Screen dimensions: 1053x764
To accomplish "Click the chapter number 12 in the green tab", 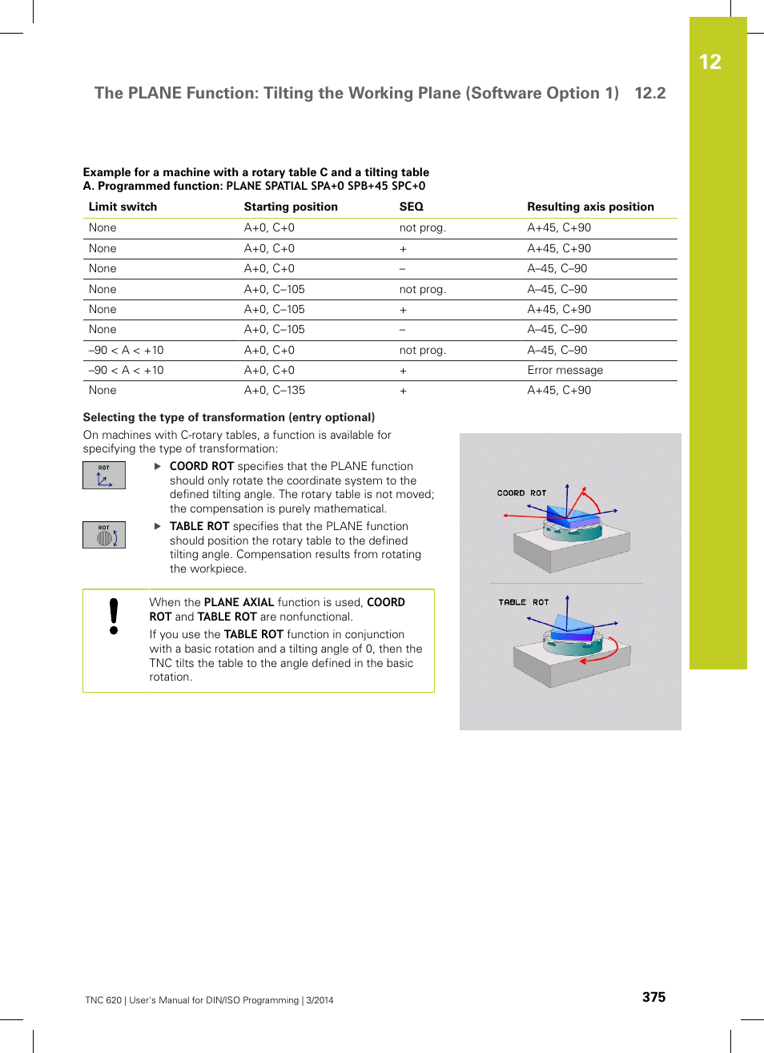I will pyautogui.click(x=710, y=62).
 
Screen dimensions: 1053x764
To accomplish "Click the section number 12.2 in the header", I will pyautogui.click(x=649, y=93).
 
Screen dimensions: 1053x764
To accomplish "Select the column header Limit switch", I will pyautogui.click(x=123, y=207).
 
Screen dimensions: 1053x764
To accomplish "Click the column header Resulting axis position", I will pyautogui.click(x=590, y=207).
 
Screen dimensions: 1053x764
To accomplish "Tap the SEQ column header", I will pyautogui.click(x=411, y=207).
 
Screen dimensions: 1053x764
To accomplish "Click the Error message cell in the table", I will pyautogui.click(x=565, y=370).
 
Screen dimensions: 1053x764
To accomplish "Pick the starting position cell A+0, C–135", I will pyautogui.click(x=274, y=390).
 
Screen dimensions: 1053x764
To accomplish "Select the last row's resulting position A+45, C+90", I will pyautogui.click(x=559, y=390).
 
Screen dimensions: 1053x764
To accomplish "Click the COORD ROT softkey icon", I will pyautogui.click(x=104, y=476).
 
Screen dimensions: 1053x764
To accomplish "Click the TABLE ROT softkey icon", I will pyautogui.click(x=104, y=535).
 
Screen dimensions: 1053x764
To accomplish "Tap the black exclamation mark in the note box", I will pyautogui.click(x=114, y=617).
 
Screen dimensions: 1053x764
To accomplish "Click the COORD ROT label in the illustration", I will pyautogui.click(x=521, y=493).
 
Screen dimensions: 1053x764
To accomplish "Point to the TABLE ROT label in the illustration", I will pyautogui.click(x=523, y=602).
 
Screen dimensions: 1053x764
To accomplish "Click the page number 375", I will pyautogui.click(x=653, y=997).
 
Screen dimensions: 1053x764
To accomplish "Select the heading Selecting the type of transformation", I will pyautogui.click(x=228, y=417).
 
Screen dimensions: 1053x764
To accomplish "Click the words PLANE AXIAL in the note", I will pyautogui.click(x=239, y=602).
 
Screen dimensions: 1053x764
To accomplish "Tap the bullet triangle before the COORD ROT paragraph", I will pyautogui.click(x=158, y=466).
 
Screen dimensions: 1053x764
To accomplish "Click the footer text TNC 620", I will pyautogui.click(x=103, y=1000).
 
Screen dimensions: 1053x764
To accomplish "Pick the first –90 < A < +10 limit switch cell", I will pyautogui.click(x=126, y=350).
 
